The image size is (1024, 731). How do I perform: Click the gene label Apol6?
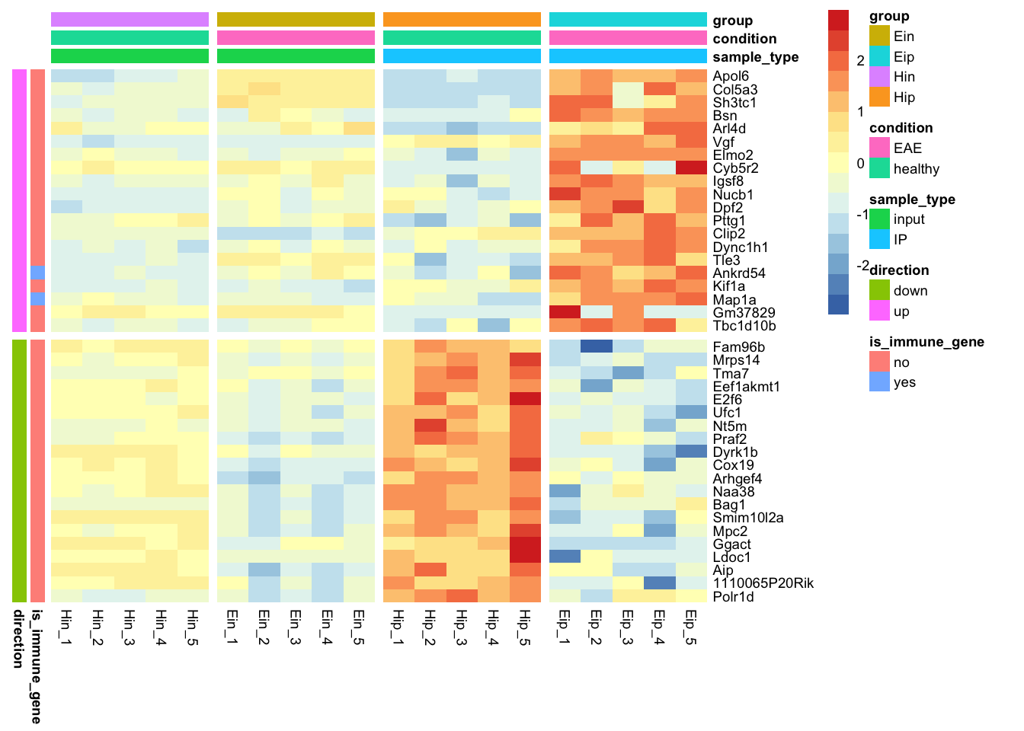(x=731, y=76)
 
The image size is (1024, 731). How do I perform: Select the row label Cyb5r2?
(x=735, y=168)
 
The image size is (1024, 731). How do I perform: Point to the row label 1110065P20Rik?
(x=763, y=583)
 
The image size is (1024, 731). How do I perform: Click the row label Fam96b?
(x=738, y=347)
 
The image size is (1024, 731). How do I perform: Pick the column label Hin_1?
(x=66, y=627)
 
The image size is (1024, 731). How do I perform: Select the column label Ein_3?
(x=296, y=627)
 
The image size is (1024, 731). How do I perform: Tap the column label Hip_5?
(x=524, y=627)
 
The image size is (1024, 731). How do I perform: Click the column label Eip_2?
(x=596, y=627)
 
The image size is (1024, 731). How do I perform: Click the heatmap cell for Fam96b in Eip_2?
(x=597, y=346)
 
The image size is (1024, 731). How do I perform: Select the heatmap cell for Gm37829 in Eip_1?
(x=565, y=312)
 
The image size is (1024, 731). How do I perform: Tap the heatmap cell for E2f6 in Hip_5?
(x=525, y=399)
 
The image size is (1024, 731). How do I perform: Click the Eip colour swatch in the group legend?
(x=879, y=56)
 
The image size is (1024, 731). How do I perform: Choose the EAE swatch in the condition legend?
(x=879, y=148)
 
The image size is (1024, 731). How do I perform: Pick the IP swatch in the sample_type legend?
(x=879, y=239)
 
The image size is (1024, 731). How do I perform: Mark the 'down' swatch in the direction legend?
(x=879, y=290)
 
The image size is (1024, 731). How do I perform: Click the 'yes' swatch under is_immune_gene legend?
(x=879, y=382)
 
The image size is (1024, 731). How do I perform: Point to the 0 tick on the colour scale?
(x=860, y=163)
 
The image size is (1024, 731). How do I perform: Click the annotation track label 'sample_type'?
(x=755, y=57)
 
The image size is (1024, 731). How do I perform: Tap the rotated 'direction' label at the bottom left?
(x=18, y=638)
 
